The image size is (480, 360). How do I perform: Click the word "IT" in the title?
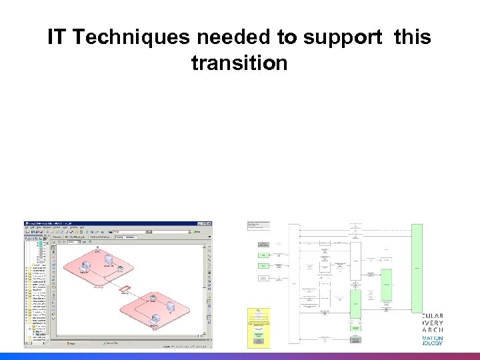pyautogui.click(x=56, y=38)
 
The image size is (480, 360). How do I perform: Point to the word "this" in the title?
pyautogui.click(x=412, y=38)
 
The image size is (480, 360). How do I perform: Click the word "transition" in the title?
pyautogui.click(x=239, y=63)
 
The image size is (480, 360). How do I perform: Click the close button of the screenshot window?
pyautogui.click(x=209, y=224)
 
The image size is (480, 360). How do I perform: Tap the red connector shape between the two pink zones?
pyautogui.click(x=125, y=288)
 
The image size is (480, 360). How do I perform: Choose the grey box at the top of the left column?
pyautogui.click(x=259, y=226)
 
